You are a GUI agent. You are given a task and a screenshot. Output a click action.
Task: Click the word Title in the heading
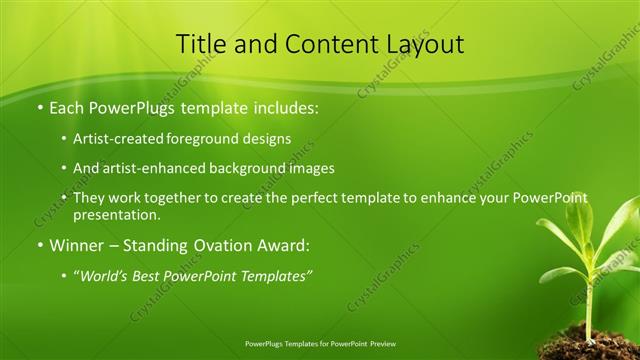(199, 44)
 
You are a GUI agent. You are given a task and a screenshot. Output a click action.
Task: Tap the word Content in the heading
(319, 44)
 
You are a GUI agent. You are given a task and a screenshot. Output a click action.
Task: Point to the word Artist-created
(115, 138)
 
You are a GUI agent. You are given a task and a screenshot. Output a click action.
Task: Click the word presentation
(114, 214)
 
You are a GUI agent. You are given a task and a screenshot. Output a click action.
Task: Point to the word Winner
(77, 244)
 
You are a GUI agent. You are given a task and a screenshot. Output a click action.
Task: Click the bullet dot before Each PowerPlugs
(39, 107)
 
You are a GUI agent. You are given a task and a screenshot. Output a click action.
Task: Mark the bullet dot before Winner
(39, 245)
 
